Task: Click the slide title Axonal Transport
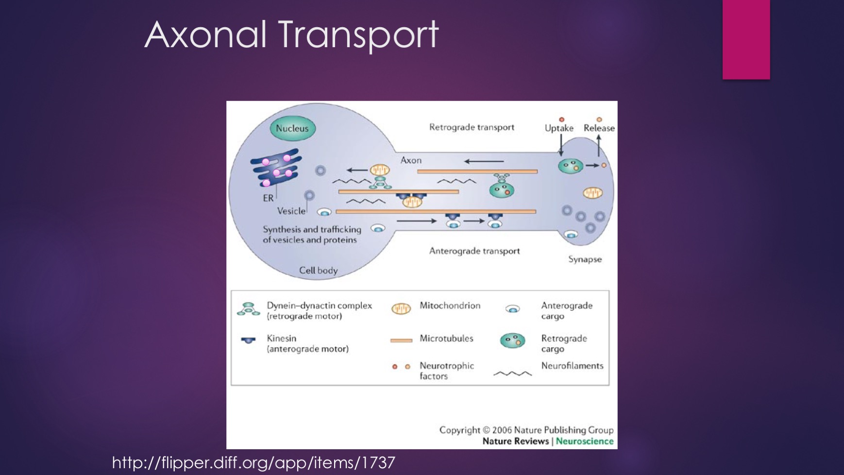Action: point(291,35)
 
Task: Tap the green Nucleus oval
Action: point(292,128)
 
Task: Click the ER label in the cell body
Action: point(268,198)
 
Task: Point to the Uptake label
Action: point(559,128)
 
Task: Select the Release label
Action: point(599,128)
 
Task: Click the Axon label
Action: point(411,160)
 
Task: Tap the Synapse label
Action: point(585,259)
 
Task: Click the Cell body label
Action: point(318,271)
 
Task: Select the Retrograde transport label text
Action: point(472,127)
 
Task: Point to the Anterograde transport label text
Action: point(474,251)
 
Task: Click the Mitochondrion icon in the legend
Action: point(401,309)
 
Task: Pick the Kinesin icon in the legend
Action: point(248,340)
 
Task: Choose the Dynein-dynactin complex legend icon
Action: point(249,309)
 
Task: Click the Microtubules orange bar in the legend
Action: point(401,340)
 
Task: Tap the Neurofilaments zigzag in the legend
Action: point(512,373)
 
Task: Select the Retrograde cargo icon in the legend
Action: point(513,341)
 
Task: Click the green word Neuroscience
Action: point(585,441)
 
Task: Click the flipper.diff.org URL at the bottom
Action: point(253,462)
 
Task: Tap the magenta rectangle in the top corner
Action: point(746,39)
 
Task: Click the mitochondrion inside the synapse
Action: point(592,193)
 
